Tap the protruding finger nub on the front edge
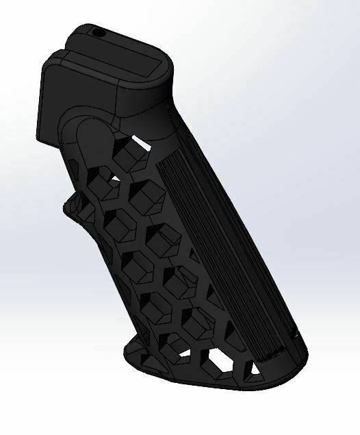click(x=76, y=203)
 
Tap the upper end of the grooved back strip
click(x=168, y=154)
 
